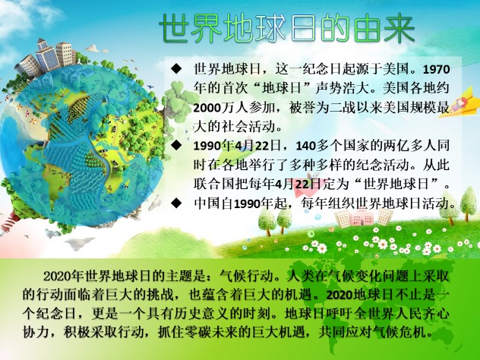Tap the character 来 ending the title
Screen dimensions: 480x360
[x=399, y=28]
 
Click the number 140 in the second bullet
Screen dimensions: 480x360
[x=305, y=146]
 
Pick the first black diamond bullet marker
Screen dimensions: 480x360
[x=176, y=68]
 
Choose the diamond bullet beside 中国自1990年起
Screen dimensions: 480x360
[x=176, y=202]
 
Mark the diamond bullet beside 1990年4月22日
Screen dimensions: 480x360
[x=176, y=145]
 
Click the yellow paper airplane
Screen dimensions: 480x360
[x=459, y=103]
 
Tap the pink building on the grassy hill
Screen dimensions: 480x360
[x=362, y=217]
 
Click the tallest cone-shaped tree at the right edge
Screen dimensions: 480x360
[x=469, y=204]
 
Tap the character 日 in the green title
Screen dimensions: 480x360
[x=303, y=28]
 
